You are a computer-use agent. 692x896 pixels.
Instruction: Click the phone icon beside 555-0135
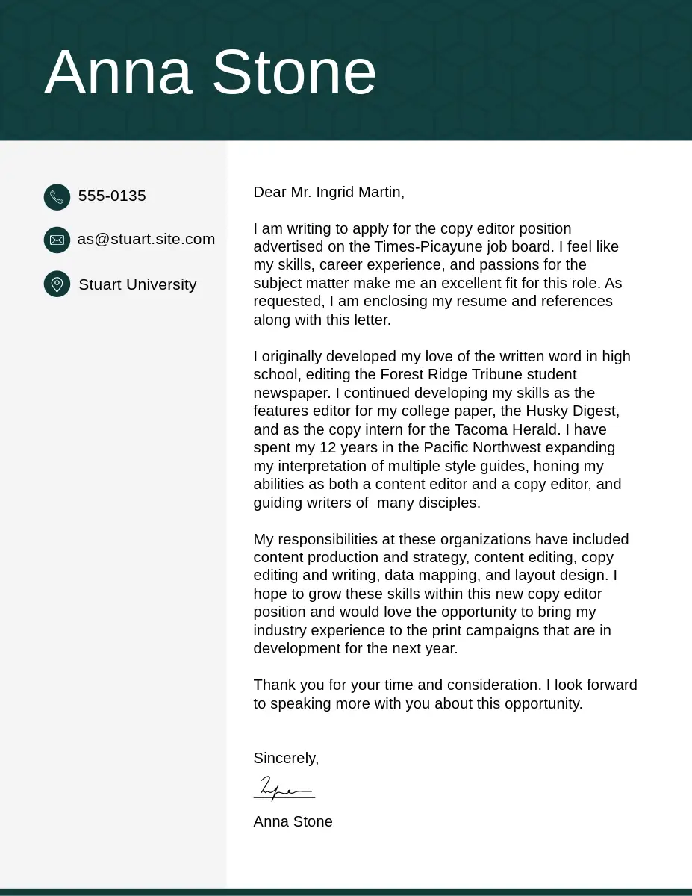pos(57,197)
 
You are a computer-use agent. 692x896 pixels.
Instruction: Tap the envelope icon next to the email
pos(57,240)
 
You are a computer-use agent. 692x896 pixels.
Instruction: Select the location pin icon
pos(57,284)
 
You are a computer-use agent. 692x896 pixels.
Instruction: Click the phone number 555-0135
pos(112,196)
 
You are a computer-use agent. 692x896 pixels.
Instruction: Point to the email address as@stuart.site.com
pos(146,239)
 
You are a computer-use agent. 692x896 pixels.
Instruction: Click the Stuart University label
pos(137,284)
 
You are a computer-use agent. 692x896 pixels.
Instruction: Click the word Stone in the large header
pos(294,72)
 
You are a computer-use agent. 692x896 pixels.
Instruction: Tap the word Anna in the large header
pos(118,72)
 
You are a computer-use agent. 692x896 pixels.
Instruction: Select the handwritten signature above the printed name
pos(284,788)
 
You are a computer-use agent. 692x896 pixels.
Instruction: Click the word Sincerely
pos(286,758)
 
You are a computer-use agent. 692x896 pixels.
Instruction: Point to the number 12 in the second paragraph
pos(327,447)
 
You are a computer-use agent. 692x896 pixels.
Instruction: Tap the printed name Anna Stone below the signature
pos(293,821)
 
